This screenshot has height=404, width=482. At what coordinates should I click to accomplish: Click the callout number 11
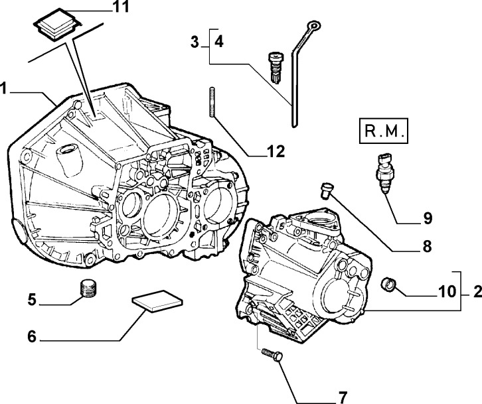120,8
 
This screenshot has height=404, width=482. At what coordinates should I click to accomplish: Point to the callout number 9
428,217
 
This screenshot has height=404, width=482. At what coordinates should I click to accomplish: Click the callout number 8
426,247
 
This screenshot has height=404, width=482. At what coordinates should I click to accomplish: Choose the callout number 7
343,397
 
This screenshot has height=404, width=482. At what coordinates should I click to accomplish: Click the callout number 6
31,336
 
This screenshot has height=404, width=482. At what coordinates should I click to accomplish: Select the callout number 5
31,299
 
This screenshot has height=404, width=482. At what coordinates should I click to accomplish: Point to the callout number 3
195,42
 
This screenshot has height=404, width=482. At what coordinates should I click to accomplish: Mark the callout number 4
218,42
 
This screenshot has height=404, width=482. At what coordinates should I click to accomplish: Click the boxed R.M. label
384,133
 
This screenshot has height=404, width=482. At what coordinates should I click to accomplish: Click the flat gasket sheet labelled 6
157,302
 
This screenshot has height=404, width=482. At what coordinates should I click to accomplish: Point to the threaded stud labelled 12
212,101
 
